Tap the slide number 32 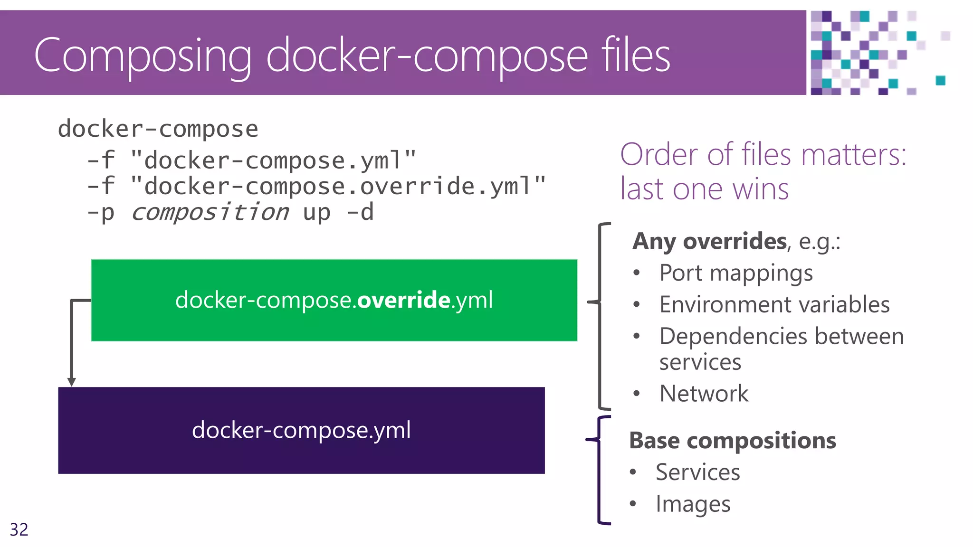click(19, 529)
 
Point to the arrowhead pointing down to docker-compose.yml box click(72, 382)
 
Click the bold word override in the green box click(403, 300)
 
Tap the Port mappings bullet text click(736, 273)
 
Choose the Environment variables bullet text click(774, 304)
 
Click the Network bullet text click(704, 394)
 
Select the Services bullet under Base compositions click(697, 472)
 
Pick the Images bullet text click(693, 504)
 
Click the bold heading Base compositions click(732, 441)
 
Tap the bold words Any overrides click(709, 241)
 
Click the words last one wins click(704, 189)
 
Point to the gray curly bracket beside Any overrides click(600, 316)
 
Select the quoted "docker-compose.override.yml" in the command click(338, 186)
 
